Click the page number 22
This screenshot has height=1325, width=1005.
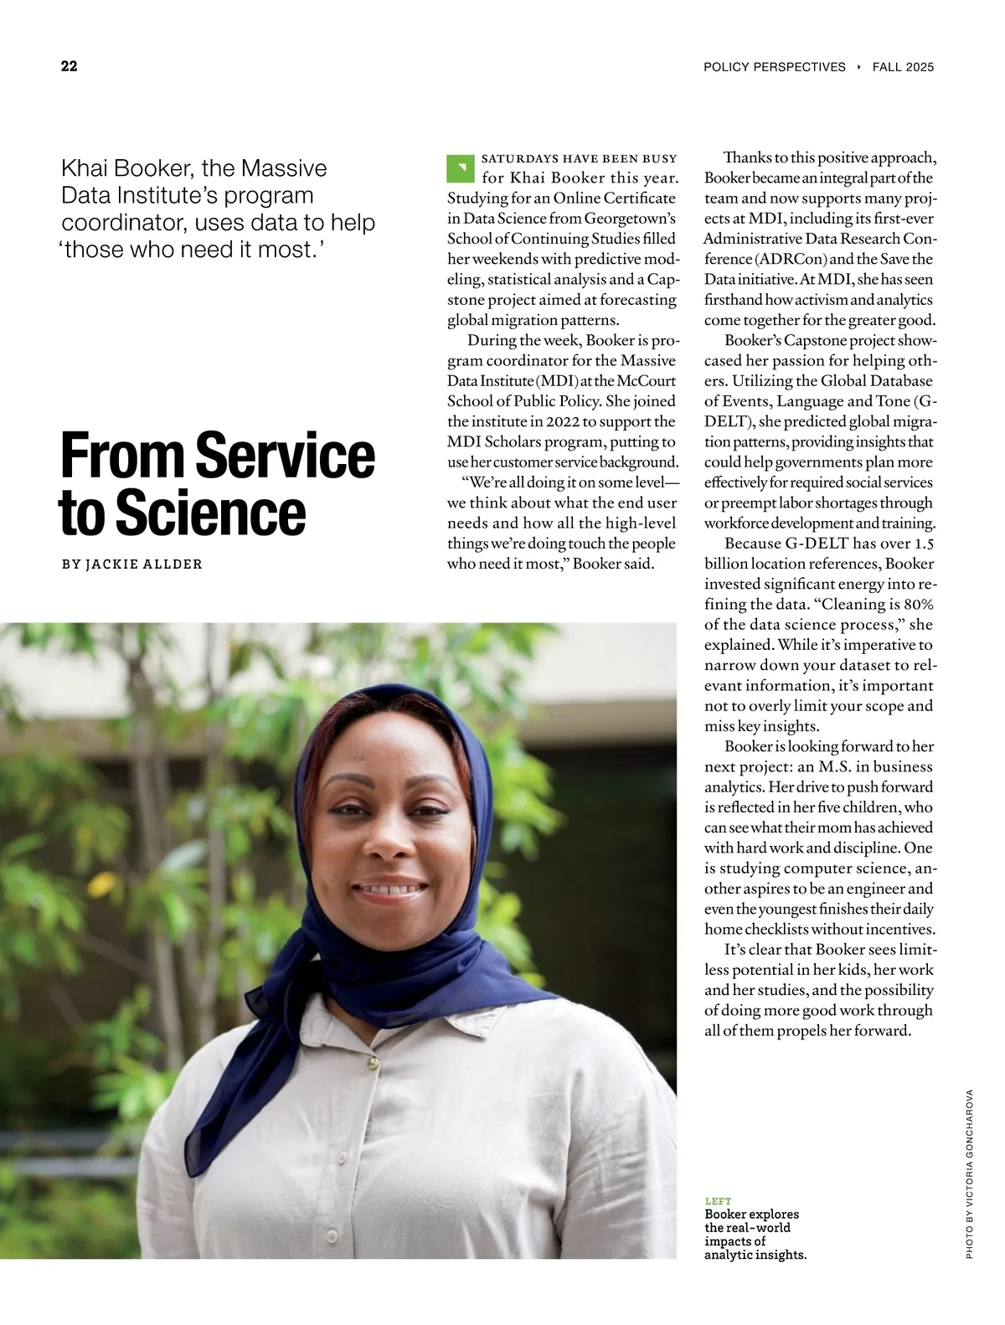70,67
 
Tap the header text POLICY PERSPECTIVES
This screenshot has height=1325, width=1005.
775,67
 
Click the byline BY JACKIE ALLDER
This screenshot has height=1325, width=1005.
132,565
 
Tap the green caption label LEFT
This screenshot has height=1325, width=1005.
718,1201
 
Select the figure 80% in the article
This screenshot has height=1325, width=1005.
918,605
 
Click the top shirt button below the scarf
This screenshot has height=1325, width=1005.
368,1062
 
